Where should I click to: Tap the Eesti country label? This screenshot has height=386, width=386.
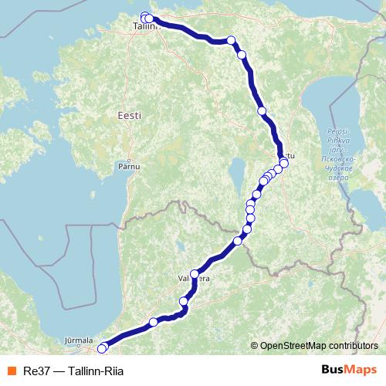[130, 114]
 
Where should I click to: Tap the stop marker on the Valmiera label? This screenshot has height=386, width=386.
[194, 274]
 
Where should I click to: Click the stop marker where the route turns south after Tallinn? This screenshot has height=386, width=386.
[232, 41]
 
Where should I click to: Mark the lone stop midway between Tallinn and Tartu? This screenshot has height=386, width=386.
[262, 111]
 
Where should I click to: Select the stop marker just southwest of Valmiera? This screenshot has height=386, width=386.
[184, 301]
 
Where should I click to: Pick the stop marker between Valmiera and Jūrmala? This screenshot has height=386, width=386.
[154, 322]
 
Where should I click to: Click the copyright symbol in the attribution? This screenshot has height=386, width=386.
[255, 346]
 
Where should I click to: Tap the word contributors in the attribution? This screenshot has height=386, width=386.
[357, 346]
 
